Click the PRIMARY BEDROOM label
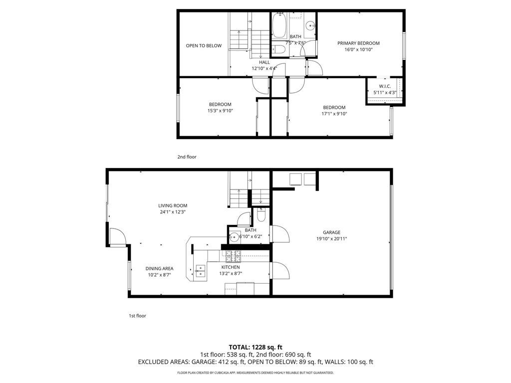coord(358,43)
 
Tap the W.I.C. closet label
coord(384,86)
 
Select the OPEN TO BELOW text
coord(204,46)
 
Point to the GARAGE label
coord(331,232)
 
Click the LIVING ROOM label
coord(173,205)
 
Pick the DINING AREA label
coord(159,268)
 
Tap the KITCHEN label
coord(230,267)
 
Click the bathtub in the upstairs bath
coord(279,28)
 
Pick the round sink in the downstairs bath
coord(234,237)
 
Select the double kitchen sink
coord(200,271)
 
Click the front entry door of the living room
coord(117,236)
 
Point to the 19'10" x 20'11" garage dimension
coord(331,239)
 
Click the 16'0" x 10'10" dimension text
coord(358,50)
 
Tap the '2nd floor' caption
coord(187,157)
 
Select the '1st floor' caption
coord(137,316)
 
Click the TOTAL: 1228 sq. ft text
coord(255,347)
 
